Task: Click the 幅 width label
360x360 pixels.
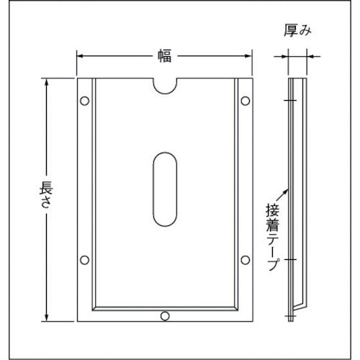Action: (x=166, y=53)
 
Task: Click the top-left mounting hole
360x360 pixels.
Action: (x=86, y=99)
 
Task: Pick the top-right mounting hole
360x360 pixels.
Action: (x=246, y=99)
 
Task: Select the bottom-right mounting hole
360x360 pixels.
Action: (x=246, y=258)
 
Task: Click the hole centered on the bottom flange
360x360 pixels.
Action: (x=166, y=315)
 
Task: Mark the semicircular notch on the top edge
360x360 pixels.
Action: (x=166, y=85)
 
